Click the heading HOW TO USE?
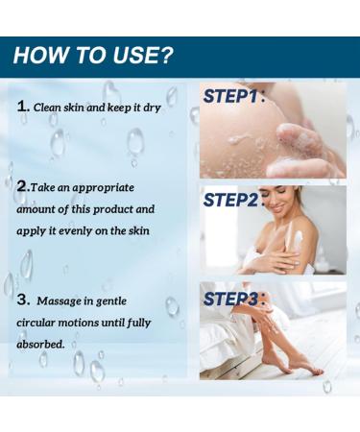pyautogui.click(x=93, y=56)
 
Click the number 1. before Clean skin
pyautogui.click(x=23, y=108)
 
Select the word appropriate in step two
pyautogui.click(x=106, y=187)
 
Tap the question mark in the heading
pyautogui.click(x=167, y=56)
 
